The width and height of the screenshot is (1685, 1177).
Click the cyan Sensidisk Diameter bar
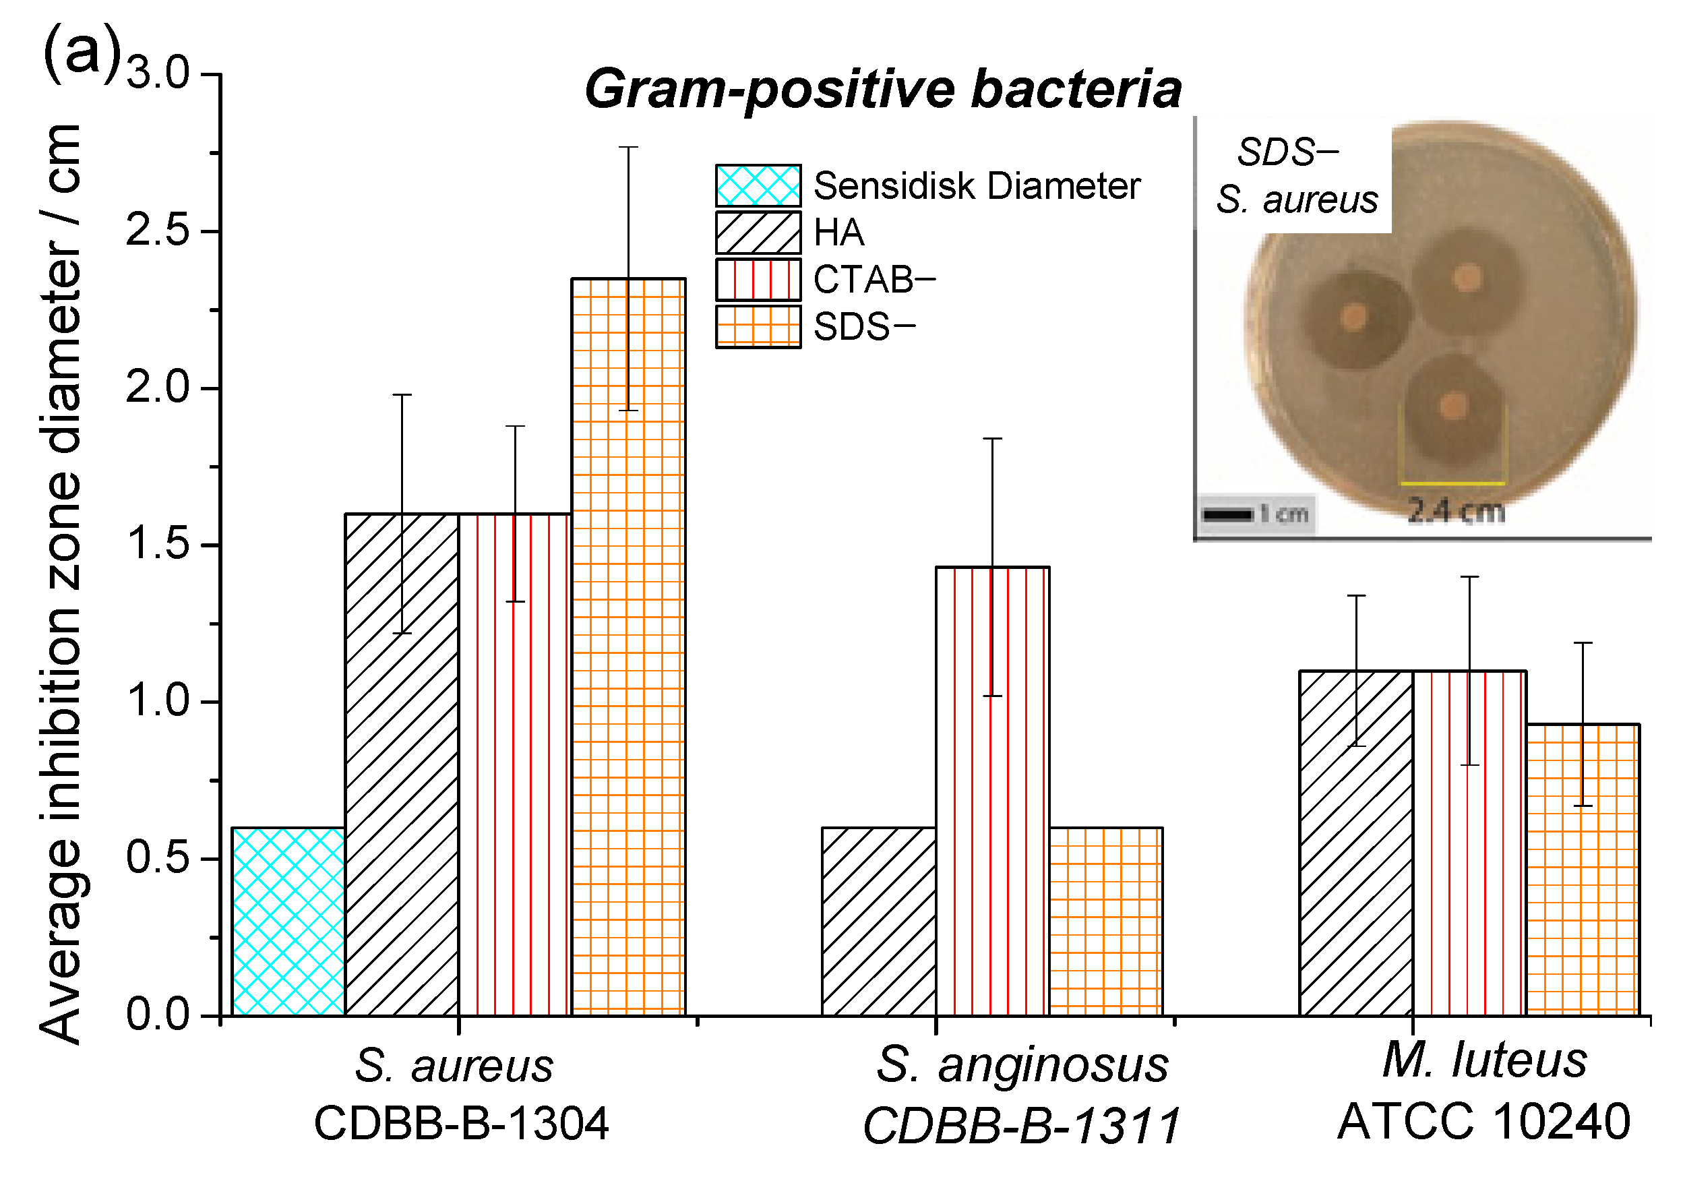tap(288, 921)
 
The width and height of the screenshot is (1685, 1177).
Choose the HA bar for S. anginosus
tap(878, 921)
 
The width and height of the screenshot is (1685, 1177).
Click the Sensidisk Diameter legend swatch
tap(758, 185)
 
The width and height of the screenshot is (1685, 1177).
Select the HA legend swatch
tap(758, 232)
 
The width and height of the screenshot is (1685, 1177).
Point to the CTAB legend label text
tap(874, 280)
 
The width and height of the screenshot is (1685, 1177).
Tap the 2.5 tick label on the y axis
tap(157, 231)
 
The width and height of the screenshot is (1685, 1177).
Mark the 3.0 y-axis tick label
tap(157, 73)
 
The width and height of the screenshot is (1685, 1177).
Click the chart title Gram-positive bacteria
tap(883, 90)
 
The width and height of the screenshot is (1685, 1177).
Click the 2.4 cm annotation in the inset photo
tap(1456, 511)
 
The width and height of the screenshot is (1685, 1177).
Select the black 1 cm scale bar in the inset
tap(1227, 514)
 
